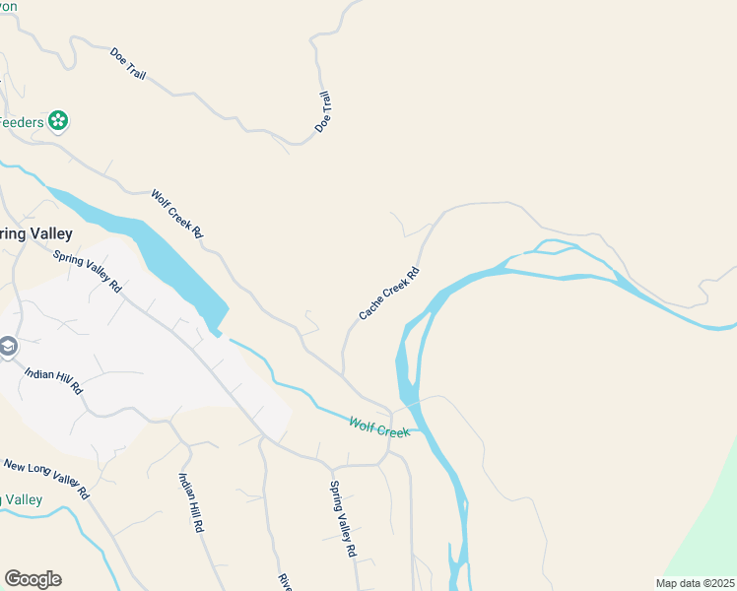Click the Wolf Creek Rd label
point(176,215)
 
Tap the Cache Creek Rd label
point(389,294)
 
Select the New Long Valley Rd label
point(46,478)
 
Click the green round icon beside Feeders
point(58,121)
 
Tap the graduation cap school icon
point(8,347)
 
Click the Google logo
point(33,579)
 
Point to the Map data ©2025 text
point(695,583)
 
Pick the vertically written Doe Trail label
point(323,112)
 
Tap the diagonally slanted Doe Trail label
point(128,65)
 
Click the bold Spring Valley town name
point(35,233)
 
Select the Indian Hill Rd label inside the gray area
point(54,380)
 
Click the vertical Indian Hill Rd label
point(190,502)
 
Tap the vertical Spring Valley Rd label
point(342,519)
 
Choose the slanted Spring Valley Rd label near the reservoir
point(87,272)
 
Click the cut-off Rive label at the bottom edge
point(285,582)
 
